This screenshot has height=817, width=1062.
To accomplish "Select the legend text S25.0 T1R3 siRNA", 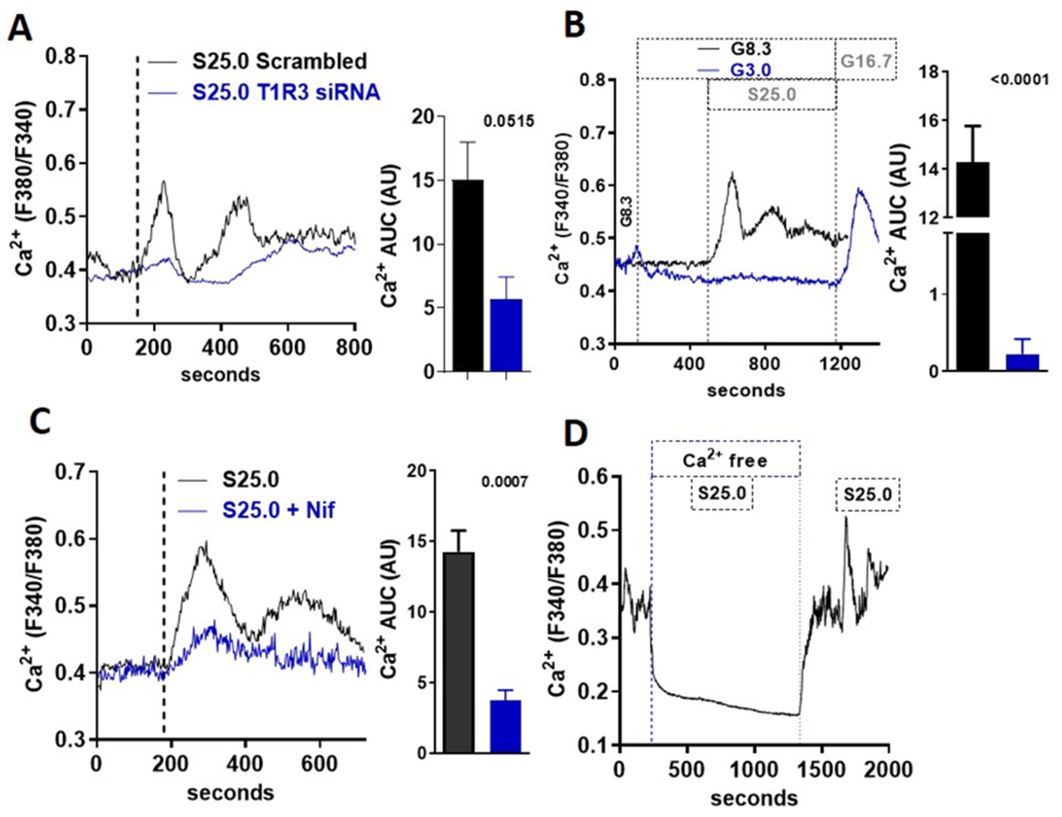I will click(x=286, y=92).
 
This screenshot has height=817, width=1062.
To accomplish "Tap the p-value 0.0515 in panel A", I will click(x=508, y=121).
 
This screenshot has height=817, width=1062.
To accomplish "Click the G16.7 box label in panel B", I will click(x=866, y=61).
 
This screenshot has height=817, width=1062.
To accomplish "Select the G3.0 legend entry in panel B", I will click(x=750, y=70).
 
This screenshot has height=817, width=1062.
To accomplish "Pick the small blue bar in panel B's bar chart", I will click(x=1023, y=362).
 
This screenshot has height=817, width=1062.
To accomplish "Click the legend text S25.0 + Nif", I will click(x=279, y=510).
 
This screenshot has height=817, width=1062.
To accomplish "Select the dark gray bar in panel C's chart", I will click(x=459, y=651).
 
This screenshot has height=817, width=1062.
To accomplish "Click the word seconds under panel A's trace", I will click(x=220, y=375).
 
